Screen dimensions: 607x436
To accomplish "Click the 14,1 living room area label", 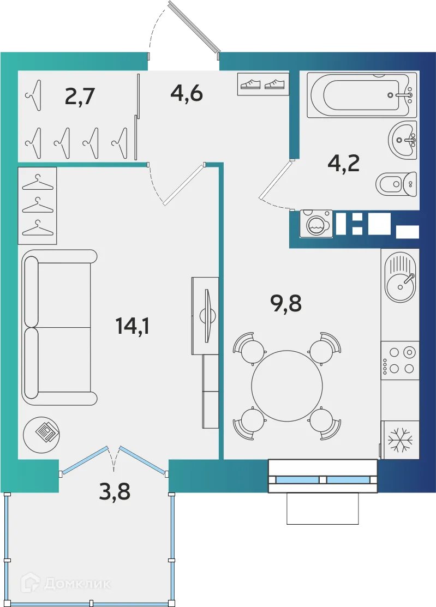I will point(132,326).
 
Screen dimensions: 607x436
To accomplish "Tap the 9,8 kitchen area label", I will point(286,303).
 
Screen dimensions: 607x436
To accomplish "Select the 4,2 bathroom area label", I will point(343,163).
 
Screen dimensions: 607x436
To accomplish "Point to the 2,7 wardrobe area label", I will point(80,97).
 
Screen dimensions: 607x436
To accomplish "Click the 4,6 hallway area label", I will point(187,93).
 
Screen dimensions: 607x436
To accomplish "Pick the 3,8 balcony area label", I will point(115,492).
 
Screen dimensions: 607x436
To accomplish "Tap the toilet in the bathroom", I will point(396,184).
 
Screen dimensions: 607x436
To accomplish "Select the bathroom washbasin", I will point(403,140).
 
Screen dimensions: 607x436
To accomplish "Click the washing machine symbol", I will point(316,224).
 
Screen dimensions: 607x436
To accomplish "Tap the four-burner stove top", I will point(399,360).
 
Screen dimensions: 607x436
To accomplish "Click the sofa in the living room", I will point(57,327).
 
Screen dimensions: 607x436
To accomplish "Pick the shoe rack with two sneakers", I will point(264,84).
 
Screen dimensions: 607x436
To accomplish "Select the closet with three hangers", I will point(38,205).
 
